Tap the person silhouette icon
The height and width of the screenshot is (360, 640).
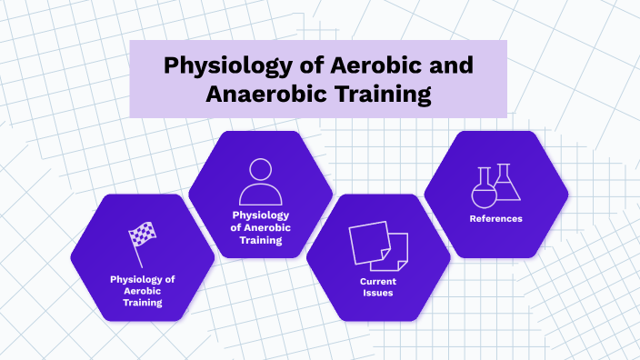260,182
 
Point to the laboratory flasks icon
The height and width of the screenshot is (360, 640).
496,184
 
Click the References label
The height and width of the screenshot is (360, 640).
495,218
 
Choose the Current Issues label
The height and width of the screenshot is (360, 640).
377,286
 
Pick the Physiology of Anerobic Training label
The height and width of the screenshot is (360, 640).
260,228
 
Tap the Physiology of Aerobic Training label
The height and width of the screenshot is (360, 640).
142,291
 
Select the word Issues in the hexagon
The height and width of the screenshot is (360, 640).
377,293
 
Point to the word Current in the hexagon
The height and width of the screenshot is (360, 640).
377,281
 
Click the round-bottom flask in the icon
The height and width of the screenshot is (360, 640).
482,188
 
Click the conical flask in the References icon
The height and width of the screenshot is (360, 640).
507,184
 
